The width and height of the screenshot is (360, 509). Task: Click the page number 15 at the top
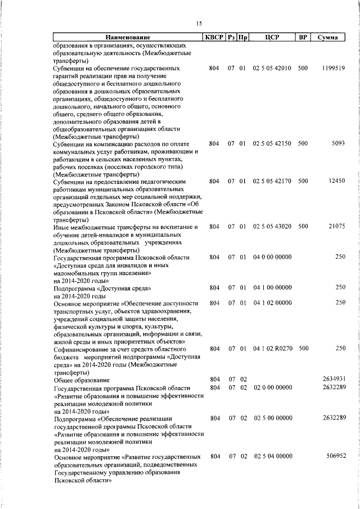[199, 23]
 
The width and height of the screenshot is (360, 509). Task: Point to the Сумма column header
[327, 38]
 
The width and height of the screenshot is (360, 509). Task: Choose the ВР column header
[303, 38]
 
